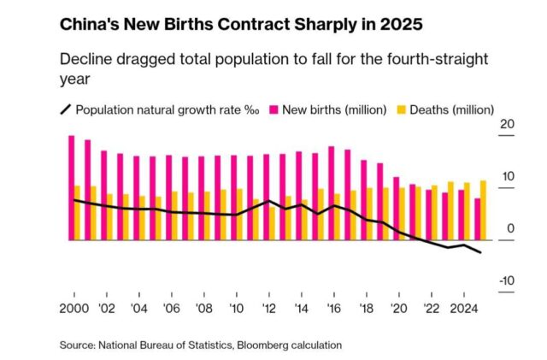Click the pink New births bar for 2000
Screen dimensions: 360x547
click(x=72, y=187)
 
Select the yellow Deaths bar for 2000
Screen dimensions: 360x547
click(x=78, y=213)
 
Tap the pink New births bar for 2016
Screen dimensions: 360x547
click(x=331, y=193)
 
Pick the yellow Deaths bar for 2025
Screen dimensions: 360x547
click(x=484, y=210)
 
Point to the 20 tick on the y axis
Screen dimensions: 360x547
click(x=505, y=125)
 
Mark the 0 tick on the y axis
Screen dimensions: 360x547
click(x=510, y=229)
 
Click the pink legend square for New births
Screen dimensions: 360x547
click(x=275, y=109)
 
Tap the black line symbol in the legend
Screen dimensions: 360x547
click(x=65, y=109)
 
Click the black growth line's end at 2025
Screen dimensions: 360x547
click(x=480, y=253)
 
